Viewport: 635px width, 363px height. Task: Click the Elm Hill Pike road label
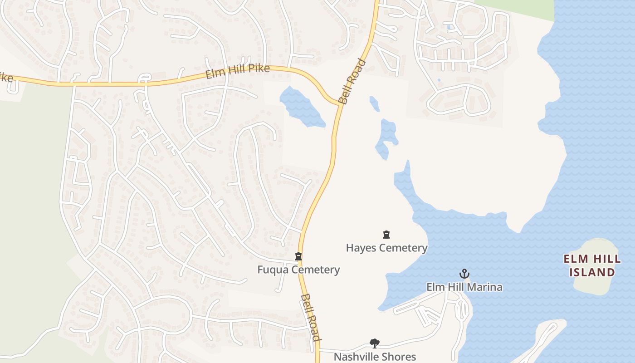point(238,71)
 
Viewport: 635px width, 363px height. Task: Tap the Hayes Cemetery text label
point(386,248)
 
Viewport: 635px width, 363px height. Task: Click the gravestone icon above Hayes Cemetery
point(386,235)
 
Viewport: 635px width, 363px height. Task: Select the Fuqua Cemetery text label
point(298,270)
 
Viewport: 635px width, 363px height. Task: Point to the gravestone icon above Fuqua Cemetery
point(298,257)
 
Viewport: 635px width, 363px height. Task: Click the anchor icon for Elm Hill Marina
point(464,274)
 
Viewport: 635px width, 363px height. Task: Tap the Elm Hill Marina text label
point(464,287)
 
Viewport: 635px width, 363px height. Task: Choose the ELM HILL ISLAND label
point(589,265)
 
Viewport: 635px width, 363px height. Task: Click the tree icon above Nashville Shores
point(374,343)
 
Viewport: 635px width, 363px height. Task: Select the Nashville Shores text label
point(375,357)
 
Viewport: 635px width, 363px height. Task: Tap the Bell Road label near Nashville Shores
point(311,318)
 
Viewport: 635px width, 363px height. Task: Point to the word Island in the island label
point(592,272)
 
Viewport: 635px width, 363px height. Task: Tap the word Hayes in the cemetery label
point(361,248)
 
